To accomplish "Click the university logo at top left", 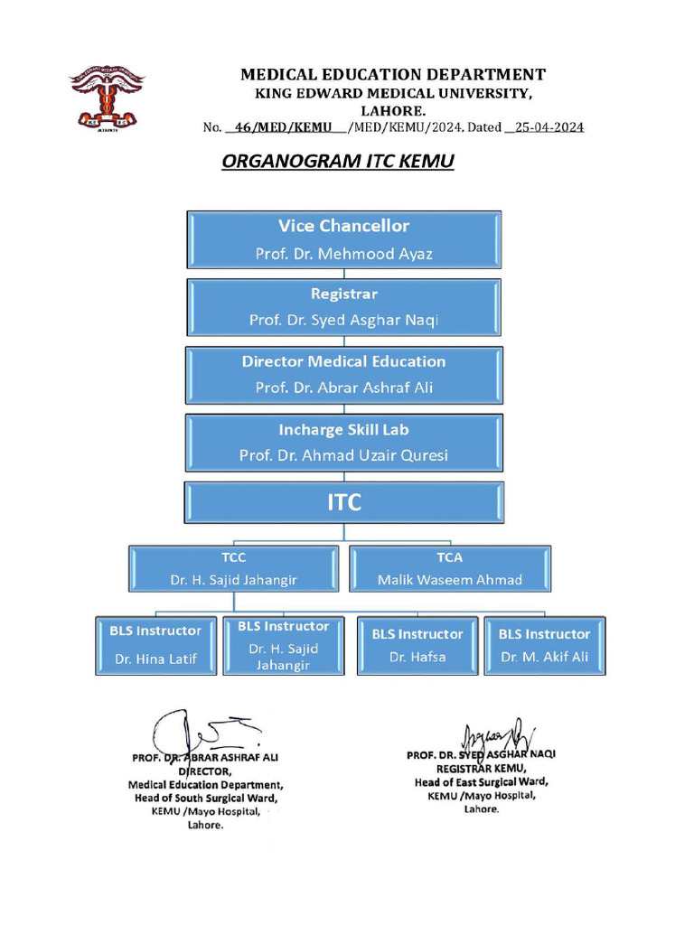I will (x=107, y=98).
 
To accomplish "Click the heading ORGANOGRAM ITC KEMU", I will (x=337, y=162).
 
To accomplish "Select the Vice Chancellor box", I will (x=343, y=239).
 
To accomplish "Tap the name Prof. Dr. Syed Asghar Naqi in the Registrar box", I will (x=343, y=320).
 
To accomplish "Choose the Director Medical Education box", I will (x=343, y=375).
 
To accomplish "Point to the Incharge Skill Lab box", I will (x=343, y=443).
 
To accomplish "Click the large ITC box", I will (x=343, y=503).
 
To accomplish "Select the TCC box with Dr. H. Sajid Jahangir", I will (x=234, y=569).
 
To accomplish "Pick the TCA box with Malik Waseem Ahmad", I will (x=449, y=569).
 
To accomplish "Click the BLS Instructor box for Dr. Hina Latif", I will (x=156, y=645).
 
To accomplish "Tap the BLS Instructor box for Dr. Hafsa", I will (x=417, y=645).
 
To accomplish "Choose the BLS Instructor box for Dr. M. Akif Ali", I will (x=544, y=645).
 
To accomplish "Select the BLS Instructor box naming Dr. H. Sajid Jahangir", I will (x=283, y=645).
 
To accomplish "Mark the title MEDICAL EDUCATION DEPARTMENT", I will (x=392, y=75).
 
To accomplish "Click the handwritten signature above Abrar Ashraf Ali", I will (x=203, y=730).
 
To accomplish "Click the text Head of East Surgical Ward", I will (x=481, y=782).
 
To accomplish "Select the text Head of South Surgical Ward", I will (x=206, y=799).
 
